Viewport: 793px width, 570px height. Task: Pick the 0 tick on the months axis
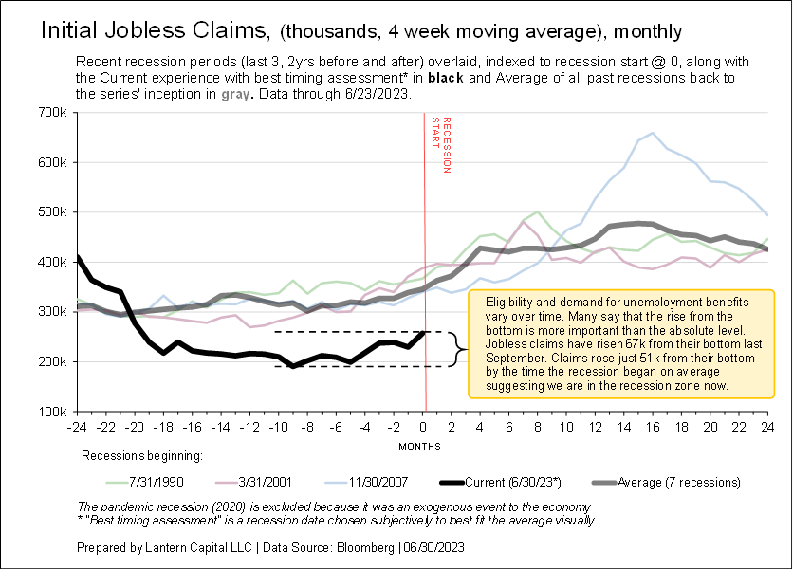coord(424,426)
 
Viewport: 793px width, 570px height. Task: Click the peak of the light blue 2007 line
coord(653,133)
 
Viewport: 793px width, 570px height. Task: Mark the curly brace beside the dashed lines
coord(460,348)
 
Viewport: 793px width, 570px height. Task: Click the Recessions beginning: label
coord(142,456)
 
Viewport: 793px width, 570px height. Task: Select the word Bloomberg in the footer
coord(365,547)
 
